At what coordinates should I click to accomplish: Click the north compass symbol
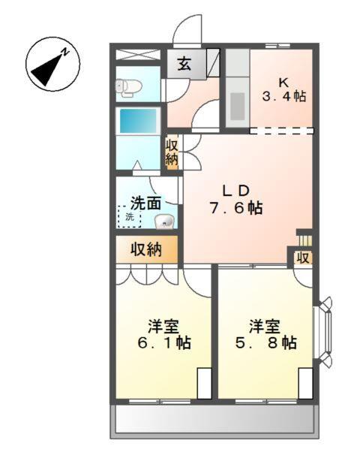tap(49, 66)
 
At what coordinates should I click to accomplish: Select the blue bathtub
tap(139, 122)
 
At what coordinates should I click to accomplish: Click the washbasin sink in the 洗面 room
tap(164, 221)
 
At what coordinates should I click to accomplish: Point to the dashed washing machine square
tap(127, 217)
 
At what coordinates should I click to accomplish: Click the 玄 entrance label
tap(184, 64)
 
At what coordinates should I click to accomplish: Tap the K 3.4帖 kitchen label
tap(284, 88)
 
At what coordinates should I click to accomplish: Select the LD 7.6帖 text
tap(235, 199)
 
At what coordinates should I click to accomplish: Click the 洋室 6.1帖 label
tap(163, 335)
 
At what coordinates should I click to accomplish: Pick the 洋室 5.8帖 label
tap(267, 335)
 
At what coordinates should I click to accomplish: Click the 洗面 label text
tap(145, 202)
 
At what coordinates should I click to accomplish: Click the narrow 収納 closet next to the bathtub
tap(172, 152)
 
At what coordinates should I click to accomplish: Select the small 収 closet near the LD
tap(302, 258)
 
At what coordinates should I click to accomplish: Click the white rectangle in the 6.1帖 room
tap(204, 384)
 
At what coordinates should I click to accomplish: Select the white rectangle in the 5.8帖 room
tap(305, 384)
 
